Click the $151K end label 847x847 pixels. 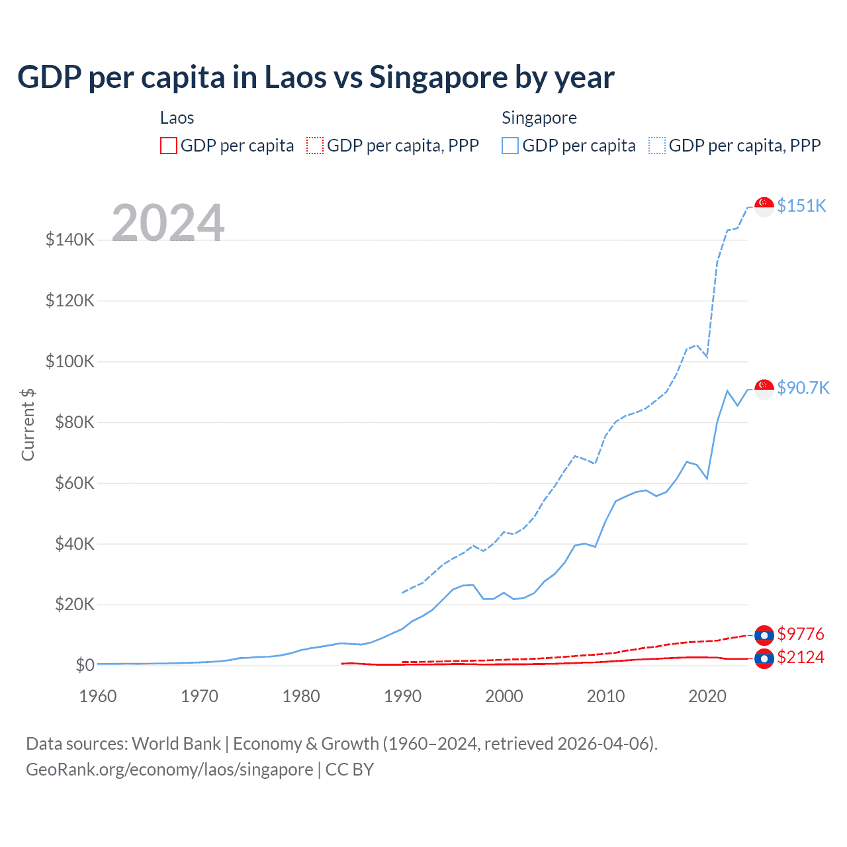(801, 206)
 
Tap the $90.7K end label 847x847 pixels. (803, 388)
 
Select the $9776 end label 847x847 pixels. (801, 634)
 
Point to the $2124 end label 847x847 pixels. (801, 657)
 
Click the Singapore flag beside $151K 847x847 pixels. (764, 206)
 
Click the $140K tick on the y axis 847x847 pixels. (70, 240)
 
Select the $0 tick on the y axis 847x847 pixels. (85, 665)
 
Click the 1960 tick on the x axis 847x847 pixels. (98, 696)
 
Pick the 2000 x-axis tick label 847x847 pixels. (504, 696)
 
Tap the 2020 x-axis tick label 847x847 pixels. (707, 696)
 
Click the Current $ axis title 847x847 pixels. (28, 424)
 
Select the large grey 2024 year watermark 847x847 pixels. (168, 223)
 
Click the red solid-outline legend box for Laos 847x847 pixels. (169, 146)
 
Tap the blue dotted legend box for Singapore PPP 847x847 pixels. (657, 146)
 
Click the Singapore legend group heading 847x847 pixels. (539, 118)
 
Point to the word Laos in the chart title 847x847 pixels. (295, 77)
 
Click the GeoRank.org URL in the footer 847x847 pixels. (169, 770)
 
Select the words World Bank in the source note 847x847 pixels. (176, 744)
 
